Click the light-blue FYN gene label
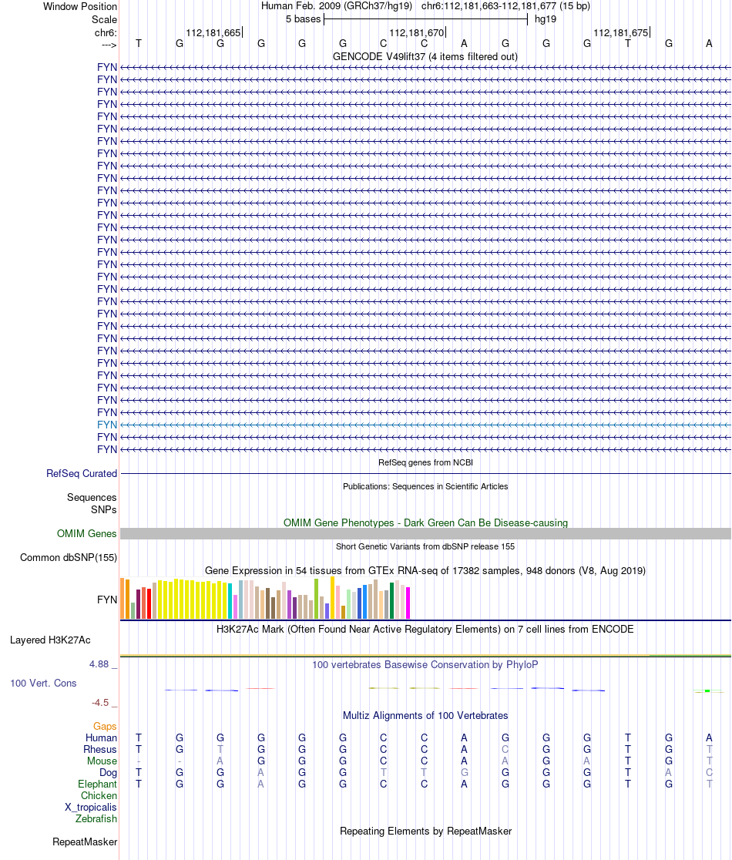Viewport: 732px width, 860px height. pyautogui.click(x=107, y=425)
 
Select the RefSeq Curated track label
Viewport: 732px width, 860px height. pyautogui.click(x=82, y=474)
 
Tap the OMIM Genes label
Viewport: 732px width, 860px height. pyautogui.click(x=87, y=533)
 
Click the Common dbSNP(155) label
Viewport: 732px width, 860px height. pyautogui.click(x=69, y=558)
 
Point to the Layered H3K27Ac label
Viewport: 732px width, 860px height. pyautogui.click(x=50, y=640)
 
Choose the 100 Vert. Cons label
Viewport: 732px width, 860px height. pyautogui.click(x=44, y=683)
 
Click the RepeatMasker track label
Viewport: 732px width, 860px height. pyautogui.click(x=85, y=842)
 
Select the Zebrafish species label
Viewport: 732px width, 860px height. pyautogui.click(x=96, y=819)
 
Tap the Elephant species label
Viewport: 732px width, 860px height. pyautogui.click(x=97, y=784)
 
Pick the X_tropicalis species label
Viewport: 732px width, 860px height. pyautogui.click(x=91, y=807)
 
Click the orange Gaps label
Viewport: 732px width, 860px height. pyautogui.click(x=105, y=726)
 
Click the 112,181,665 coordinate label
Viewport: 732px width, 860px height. pyautogui.click(x=213, y=32)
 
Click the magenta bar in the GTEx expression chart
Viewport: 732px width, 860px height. pyautogui.click(x=408, y=603)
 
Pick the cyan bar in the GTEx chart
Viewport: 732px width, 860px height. pyautogui.click(x=230, y=601)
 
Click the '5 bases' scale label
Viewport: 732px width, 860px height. pyautogui.click(x=301, y=18)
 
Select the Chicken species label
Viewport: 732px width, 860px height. pyautogui.click(x=99, y=795)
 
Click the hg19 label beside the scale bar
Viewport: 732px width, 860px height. pyautogui.click(x=546, y=18)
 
